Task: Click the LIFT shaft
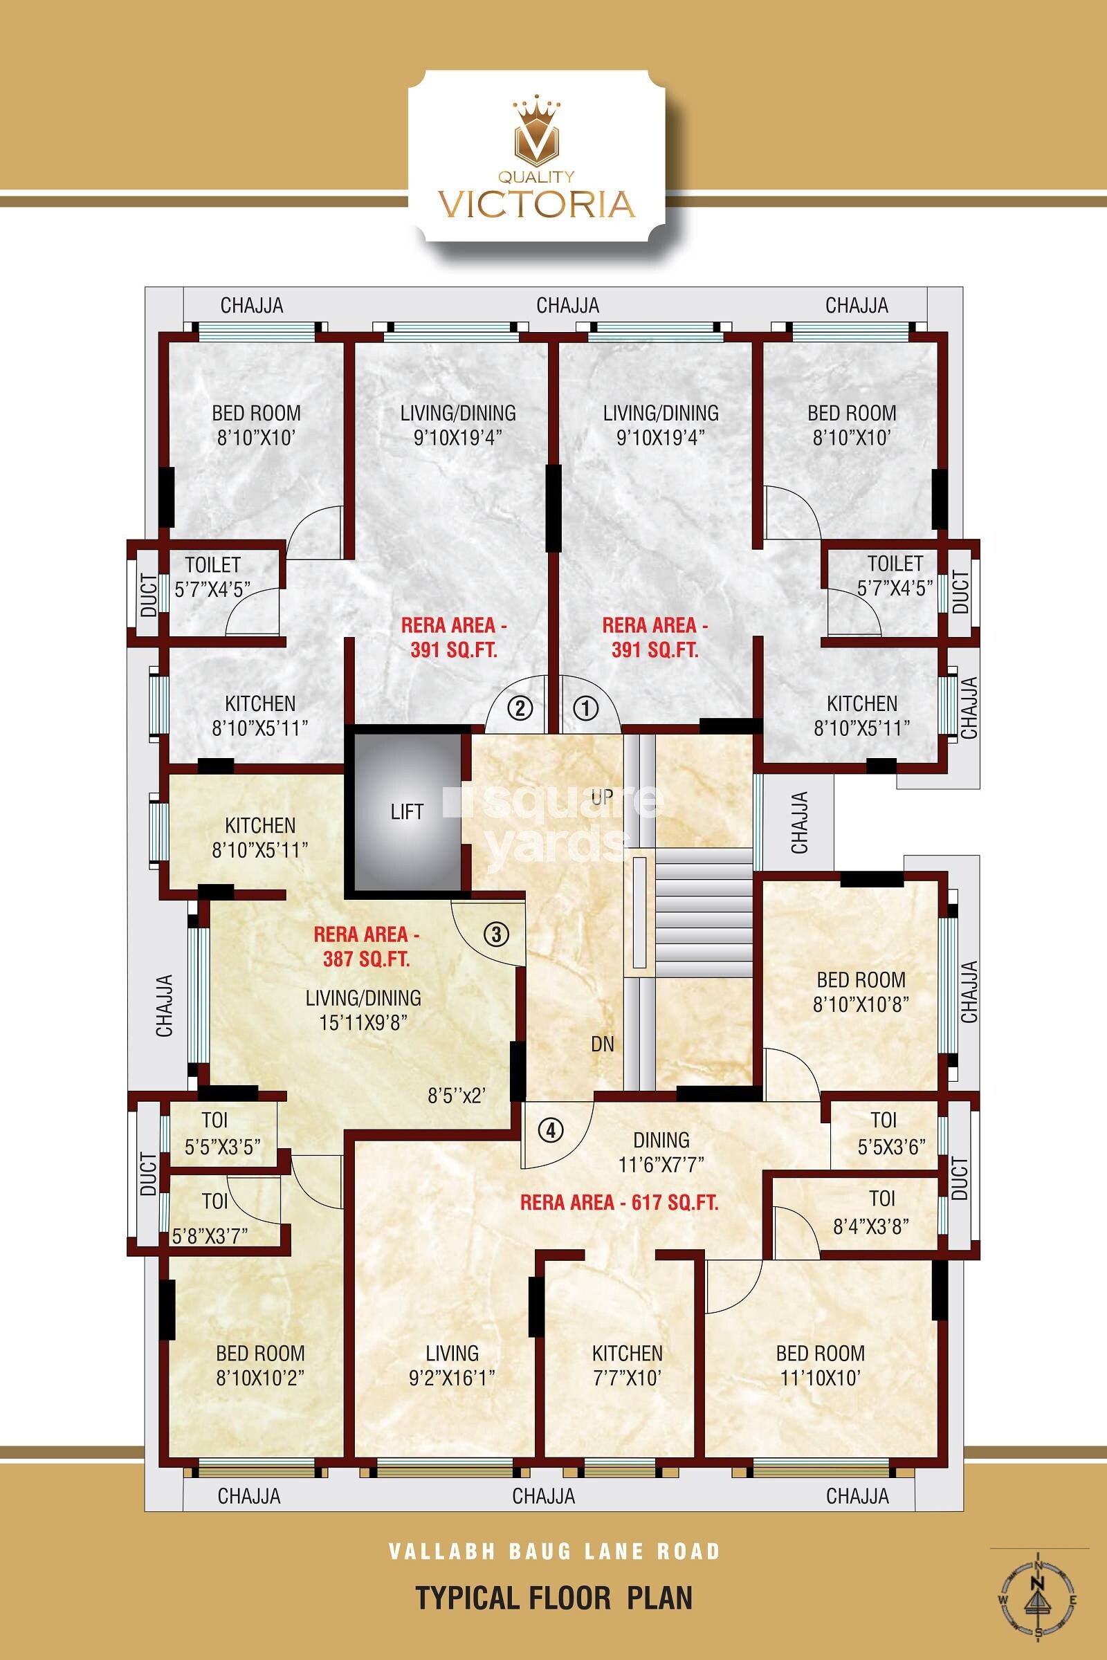click(x=408, y=811)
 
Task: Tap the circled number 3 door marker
click(x=496, y=934)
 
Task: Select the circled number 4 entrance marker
click(x=551, y=1130)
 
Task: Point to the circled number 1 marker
click(x=585, y=708)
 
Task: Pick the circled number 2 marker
click(x=520, y=708)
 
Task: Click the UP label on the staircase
click(x=602, y=797)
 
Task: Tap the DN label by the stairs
click(x=602, y=1044)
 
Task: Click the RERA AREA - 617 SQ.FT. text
click(x=619, y=1203)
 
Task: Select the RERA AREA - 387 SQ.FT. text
click(x=367, y=946)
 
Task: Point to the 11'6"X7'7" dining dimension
click(x=661, y=1165)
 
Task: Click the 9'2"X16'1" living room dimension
click(x=452, y=1378)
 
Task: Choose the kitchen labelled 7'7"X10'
click(x=627, y=1365)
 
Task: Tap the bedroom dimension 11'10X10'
click(x=820, y=1378)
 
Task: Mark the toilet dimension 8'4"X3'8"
click(x=870, y=1226)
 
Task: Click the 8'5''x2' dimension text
click(x=457, y=1096)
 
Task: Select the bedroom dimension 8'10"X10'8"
click(x=861, y=1004)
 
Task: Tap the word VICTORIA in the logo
click(x=537, y=203)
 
